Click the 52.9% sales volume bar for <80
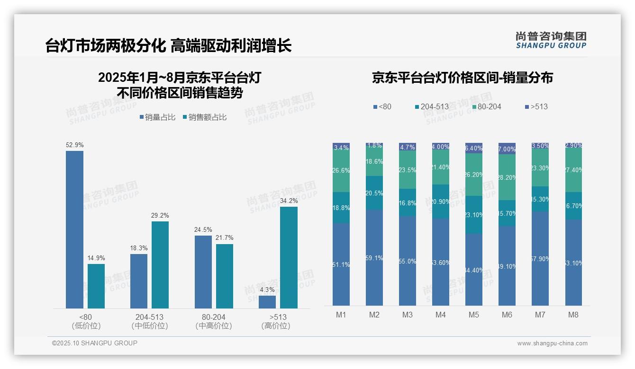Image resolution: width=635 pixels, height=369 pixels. pos(74,229)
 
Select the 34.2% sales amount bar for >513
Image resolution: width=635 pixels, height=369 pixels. pos(289,257)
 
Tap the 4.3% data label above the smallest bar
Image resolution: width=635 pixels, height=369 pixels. pos(267,290)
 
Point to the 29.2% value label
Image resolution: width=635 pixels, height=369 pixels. pos(160,216)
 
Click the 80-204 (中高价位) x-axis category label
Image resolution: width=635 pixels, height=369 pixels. pos(213,321)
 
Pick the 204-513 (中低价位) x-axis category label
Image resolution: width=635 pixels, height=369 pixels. pos(149,321)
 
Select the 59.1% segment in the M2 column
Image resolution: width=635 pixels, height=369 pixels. pos(374,258)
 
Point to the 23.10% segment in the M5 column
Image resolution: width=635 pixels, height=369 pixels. pos(473,215)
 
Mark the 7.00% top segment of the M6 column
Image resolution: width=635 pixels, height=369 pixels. pos(507,149)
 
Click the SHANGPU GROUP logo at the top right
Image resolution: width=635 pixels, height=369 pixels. pos(551,40)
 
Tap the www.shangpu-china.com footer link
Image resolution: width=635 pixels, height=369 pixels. pos(552,343)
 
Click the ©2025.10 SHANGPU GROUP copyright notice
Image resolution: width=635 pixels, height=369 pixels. pos(95,343)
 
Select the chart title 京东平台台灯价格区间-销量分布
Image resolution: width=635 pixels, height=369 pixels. pos(462,78)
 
